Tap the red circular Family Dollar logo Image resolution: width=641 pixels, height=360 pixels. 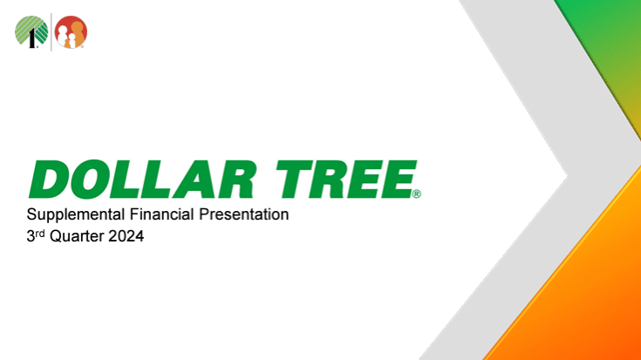coord(71,32)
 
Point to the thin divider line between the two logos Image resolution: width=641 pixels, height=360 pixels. coord(51,32)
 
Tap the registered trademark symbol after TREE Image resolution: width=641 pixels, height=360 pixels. coord(418,194)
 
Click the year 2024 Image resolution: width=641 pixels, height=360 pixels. coord(126,234)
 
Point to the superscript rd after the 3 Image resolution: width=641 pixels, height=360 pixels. coord(40,230)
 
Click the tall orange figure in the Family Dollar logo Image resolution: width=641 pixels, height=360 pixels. coord(77,31)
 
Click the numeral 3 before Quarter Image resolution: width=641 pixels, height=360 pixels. coord(31,234)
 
